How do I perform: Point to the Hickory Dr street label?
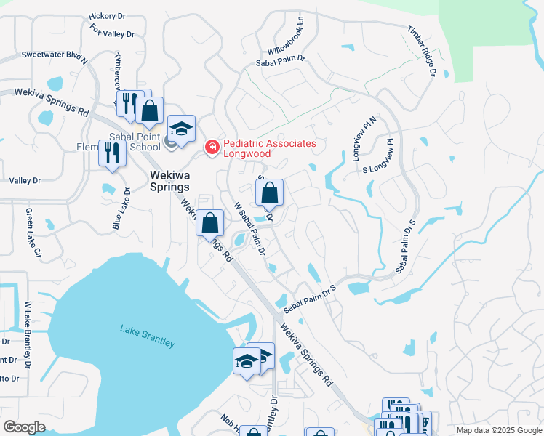point(107,15)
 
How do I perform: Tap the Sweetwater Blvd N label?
point(55,56)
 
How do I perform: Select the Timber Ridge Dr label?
point(421,52)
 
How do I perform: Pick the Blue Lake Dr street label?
point(121,209)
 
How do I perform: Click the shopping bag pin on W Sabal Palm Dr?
point(269,193)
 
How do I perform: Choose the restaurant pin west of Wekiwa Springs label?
point(112,153)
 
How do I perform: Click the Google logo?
point(24,427)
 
